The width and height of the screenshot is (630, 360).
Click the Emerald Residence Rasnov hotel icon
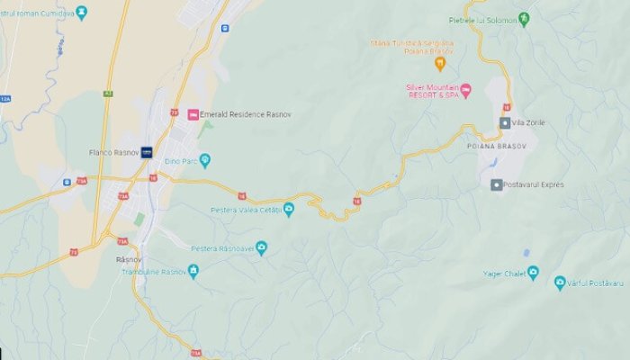(193, 114)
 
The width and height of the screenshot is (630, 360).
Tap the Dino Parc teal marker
(205, 161)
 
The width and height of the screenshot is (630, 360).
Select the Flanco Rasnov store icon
(146, 152)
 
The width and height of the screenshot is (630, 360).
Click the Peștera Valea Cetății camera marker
(289, 211)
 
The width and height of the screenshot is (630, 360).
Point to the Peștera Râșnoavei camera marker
(261, 248)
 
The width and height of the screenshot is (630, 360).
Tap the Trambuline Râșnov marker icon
(193, 270)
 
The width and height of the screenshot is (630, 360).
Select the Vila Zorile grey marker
(505, 122)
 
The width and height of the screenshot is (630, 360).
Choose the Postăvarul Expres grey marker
(496, 184)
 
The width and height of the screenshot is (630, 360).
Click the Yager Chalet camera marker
(533, 271)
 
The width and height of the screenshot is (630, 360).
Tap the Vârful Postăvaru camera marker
(560, 283)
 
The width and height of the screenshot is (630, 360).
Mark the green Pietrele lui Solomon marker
(524, 17)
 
